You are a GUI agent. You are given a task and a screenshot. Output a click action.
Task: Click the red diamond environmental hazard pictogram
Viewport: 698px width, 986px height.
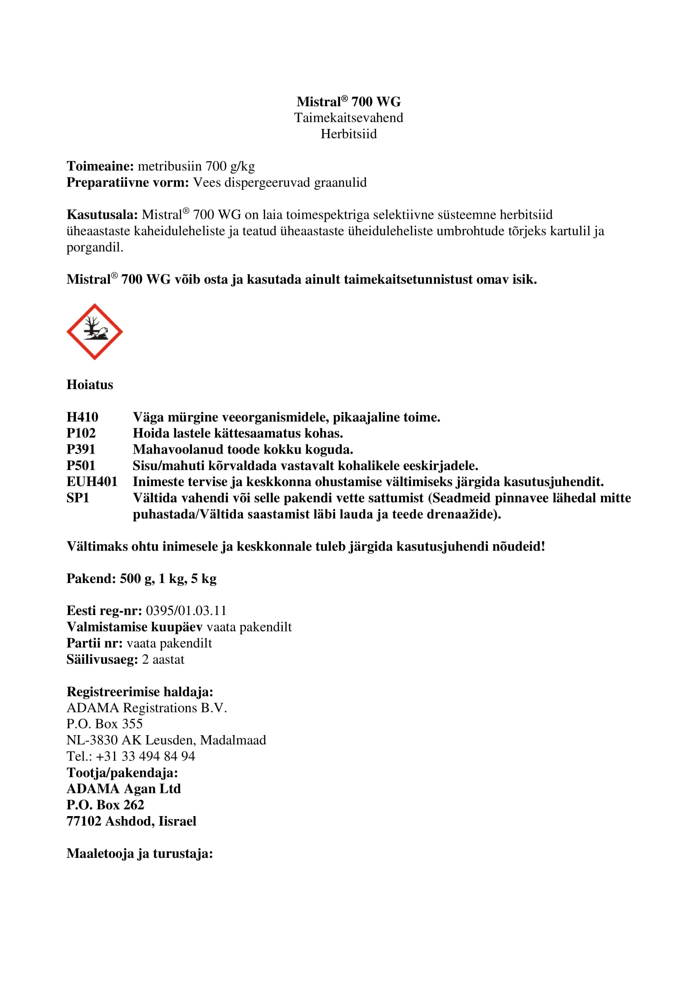[x=95, y=331]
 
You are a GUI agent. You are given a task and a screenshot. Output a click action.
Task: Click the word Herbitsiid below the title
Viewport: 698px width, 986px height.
[x=349, y=134]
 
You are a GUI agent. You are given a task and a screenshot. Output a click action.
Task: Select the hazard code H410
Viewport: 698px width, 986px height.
[x=83, y=417]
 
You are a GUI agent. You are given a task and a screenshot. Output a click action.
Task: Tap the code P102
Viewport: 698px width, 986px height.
[x=81, y=433]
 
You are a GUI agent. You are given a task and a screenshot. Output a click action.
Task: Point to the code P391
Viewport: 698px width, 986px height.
[x=81, y=450]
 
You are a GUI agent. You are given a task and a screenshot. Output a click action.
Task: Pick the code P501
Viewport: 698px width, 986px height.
[x=81, y=465]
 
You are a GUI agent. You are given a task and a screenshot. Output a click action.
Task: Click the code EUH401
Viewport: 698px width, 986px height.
[x=92, y=482]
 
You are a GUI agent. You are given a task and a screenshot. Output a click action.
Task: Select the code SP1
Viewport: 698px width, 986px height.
[x=78, y=498]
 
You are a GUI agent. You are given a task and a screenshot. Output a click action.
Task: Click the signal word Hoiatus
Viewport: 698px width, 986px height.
[x=90, y=385]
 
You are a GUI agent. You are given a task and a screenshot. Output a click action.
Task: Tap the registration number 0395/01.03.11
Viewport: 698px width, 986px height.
[x=186, y=611]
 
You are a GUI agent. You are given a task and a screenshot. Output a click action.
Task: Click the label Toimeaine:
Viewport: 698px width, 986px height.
[x=100, y=166]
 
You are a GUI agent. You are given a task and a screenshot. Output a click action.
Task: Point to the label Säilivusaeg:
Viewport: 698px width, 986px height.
[x=102, y=660]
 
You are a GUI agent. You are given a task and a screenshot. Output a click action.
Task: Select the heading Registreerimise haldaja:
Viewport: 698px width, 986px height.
[x=140, y=692]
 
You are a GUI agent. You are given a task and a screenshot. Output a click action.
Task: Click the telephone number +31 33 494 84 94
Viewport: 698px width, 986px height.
[x=145, y=756]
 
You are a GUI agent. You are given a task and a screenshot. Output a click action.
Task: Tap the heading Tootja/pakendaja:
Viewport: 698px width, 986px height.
[x=122, y=773]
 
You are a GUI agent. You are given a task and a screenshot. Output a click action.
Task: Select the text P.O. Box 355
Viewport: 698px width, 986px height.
[x=104, y=724]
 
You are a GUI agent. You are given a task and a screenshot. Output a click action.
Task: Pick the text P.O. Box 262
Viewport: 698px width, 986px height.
[x=106, y=805]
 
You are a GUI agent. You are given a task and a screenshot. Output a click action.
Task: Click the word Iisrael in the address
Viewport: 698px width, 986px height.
[x=177, y=821]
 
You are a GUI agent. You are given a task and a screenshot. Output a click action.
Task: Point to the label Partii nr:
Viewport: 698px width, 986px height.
[x=95, y=643]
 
